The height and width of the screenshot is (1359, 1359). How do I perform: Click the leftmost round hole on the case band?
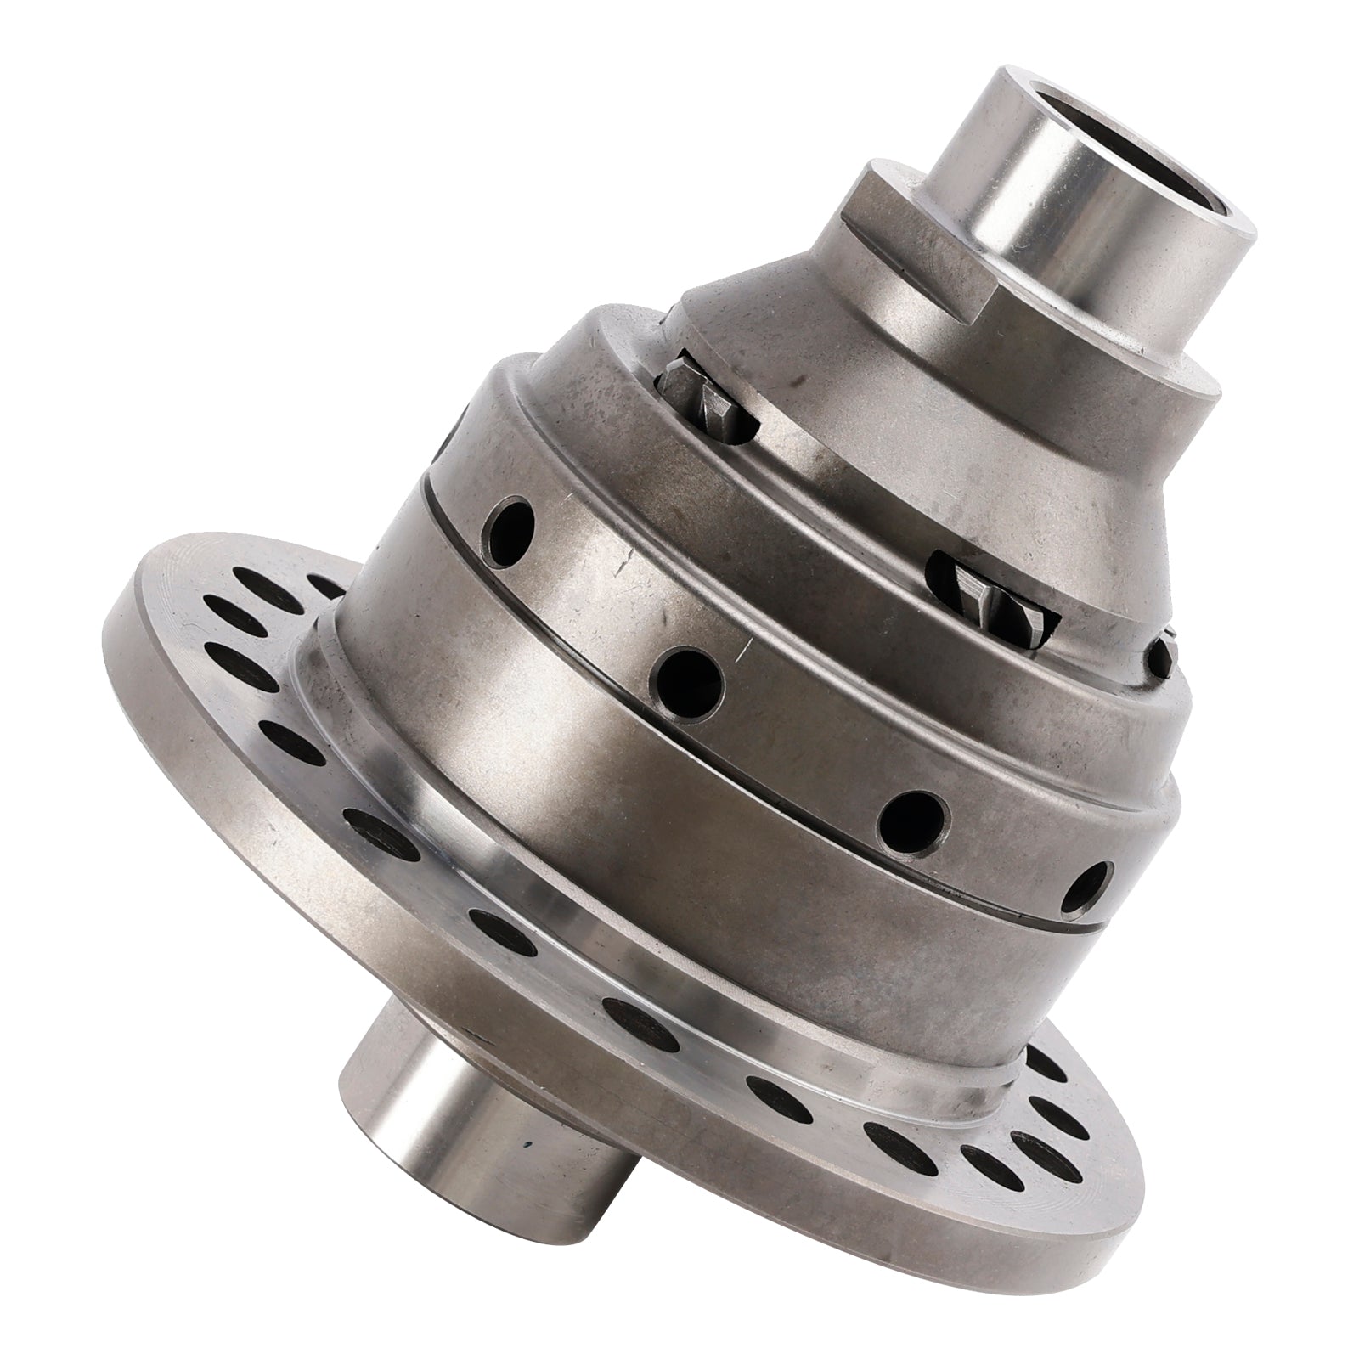[x=510, y=526]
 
